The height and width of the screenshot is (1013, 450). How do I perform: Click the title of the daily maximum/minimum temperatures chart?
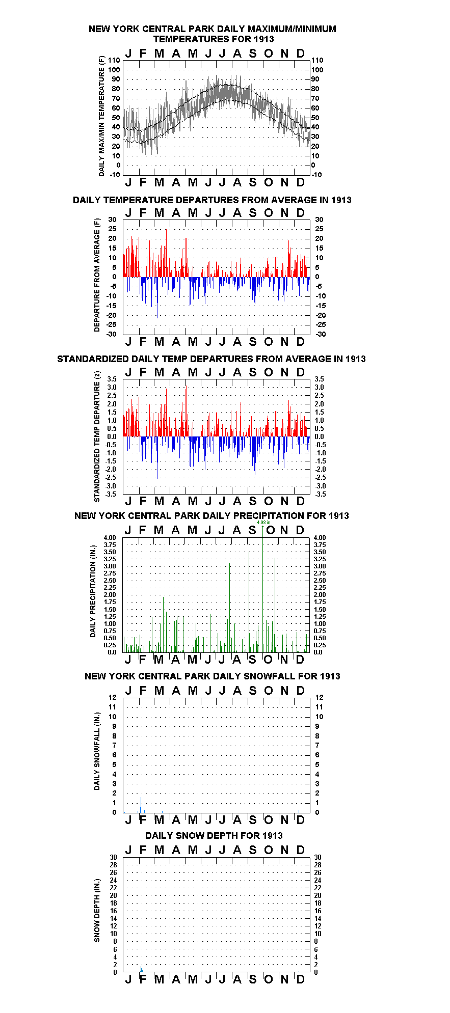(213, 34)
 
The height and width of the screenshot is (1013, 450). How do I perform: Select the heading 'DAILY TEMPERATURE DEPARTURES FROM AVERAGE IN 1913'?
(212, 200)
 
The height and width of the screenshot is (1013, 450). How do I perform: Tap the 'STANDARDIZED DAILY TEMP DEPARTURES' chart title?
(211, 359)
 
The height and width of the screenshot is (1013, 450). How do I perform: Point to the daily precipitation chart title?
(211, 515)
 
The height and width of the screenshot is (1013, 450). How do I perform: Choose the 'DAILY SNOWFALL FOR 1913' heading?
(213, 676)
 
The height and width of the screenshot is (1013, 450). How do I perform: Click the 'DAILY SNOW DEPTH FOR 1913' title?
(214, 835)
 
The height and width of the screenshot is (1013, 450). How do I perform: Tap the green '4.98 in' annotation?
(263, 523)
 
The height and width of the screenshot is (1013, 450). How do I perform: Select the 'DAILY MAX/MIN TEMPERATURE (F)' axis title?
(101, 116)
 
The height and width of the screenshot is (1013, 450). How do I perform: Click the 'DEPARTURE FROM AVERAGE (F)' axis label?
(97, 275)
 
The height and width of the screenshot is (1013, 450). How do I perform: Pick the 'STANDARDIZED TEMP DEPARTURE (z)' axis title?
(97, 436)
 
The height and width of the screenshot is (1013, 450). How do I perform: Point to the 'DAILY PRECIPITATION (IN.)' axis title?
(93, 594)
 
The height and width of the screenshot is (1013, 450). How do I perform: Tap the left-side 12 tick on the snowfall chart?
(113, 697)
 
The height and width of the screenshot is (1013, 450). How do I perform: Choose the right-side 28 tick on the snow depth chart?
(317, 865)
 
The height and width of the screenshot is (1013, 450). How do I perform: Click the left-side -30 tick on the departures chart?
(111, 334)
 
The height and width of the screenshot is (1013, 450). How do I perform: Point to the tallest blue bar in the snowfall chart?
(141, 804)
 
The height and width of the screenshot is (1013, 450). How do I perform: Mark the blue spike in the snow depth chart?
(141, 968)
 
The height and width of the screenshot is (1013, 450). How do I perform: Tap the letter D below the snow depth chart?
(300, 979)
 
